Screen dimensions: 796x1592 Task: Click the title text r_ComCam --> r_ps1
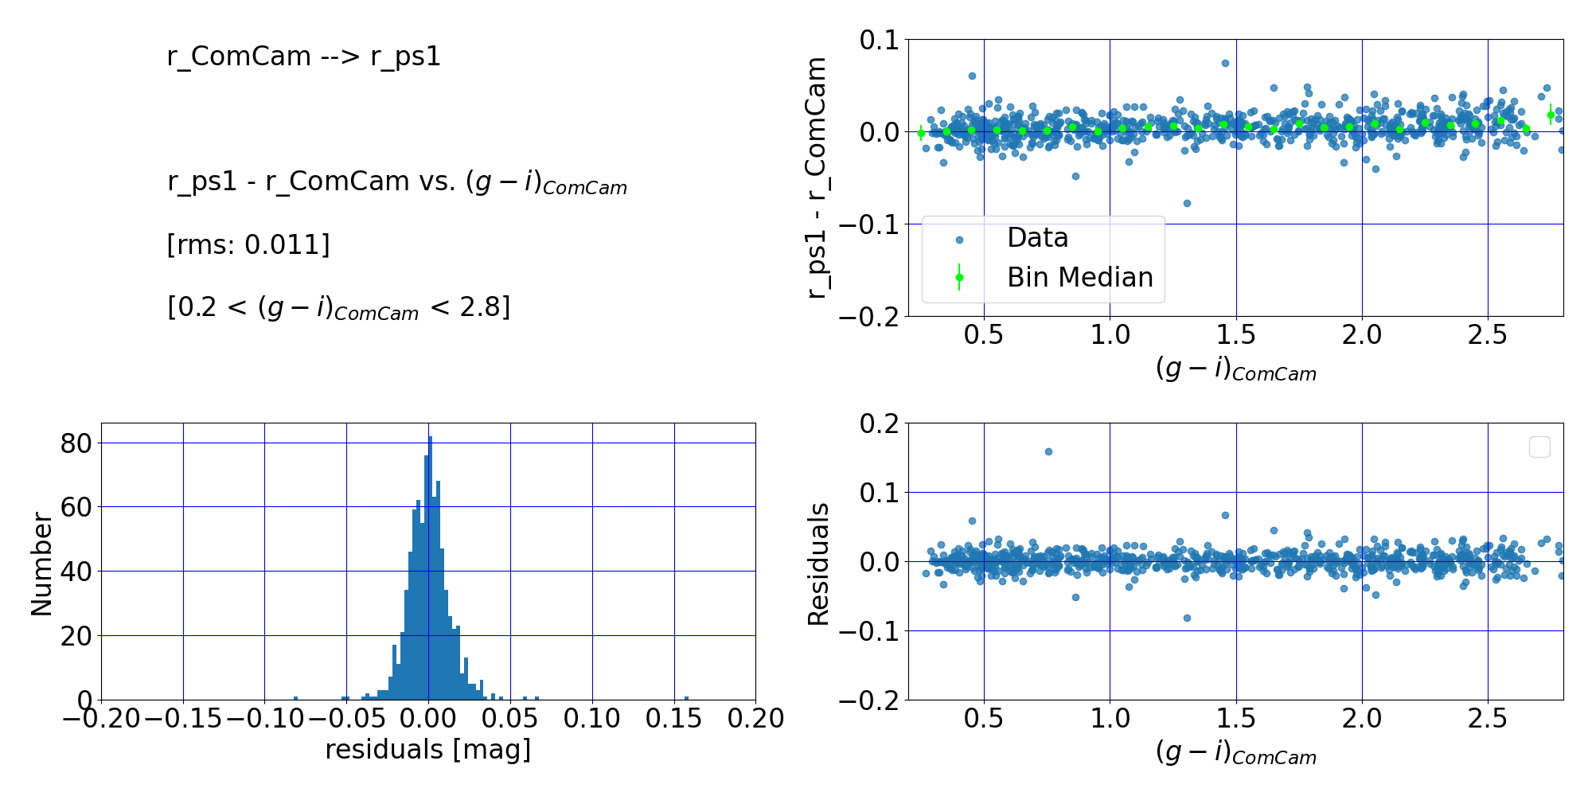point(303,57)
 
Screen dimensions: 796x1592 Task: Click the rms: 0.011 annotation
point(248,244)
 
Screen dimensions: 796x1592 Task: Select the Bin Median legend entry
point(1079,277)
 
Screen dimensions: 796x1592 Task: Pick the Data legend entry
point(1037,238)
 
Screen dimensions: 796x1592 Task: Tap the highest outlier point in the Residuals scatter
point(1048,451)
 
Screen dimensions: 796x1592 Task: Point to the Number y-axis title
point(41,564)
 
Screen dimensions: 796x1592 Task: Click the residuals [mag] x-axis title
point(428,749)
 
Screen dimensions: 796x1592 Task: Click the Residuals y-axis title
point(818,564)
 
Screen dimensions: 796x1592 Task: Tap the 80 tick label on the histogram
point(76,443)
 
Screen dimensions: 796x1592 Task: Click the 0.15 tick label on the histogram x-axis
point(674,719)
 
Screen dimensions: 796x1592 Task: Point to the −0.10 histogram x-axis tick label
point(265,719)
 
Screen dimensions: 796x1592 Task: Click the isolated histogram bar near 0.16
point(686,698)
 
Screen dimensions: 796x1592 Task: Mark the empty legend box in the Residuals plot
point(1539,447)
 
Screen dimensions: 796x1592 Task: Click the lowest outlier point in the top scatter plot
point(1187,203)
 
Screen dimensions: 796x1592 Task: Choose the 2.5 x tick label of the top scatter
point(1488,335)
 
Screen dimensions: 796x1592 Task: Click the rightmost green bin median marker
point(1551,115)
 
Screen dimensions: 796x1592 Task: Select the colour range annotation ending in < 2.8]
point(338,307)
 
